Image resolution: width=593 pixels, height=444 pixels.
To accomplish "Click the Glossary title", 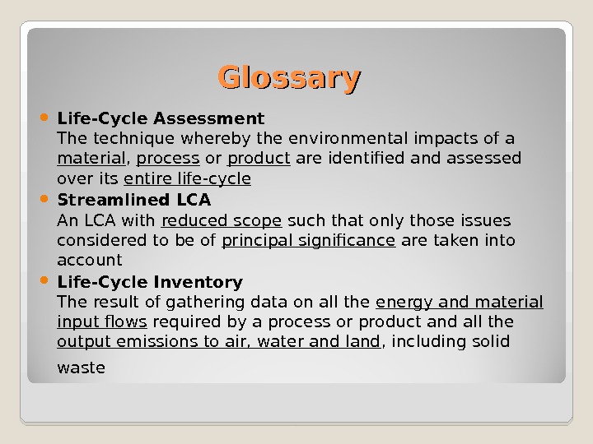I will point(289,79).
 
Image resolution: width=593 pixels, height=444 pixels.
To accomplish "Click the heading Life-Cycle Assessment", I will point(161,118).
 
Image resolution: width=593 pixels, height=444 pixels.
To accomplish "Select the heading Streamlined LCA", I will point(133,200).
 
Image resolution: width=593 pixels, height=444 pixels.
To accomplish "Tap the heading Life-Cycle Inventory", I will point(149,283).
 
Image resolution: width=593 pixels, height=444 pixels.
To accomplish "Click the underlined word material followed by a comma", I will point(91,158).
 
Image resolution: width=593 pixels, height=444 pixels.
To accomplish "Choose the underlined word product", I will point(259,158).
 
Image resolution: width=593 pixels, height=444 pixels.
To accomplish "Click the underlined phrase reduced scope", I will point(222,220).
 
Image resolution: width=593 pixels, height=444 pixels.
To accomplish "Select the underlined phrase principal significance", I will point(309,240).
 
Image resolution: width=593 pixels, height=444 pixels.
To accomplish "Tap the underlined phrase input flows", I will point(102,321).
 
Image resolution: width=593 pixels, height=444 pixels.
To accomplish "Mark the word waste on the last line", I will point(81,368).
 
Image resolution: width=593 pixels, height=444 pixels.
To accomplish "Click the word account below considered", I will point(89,261).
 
